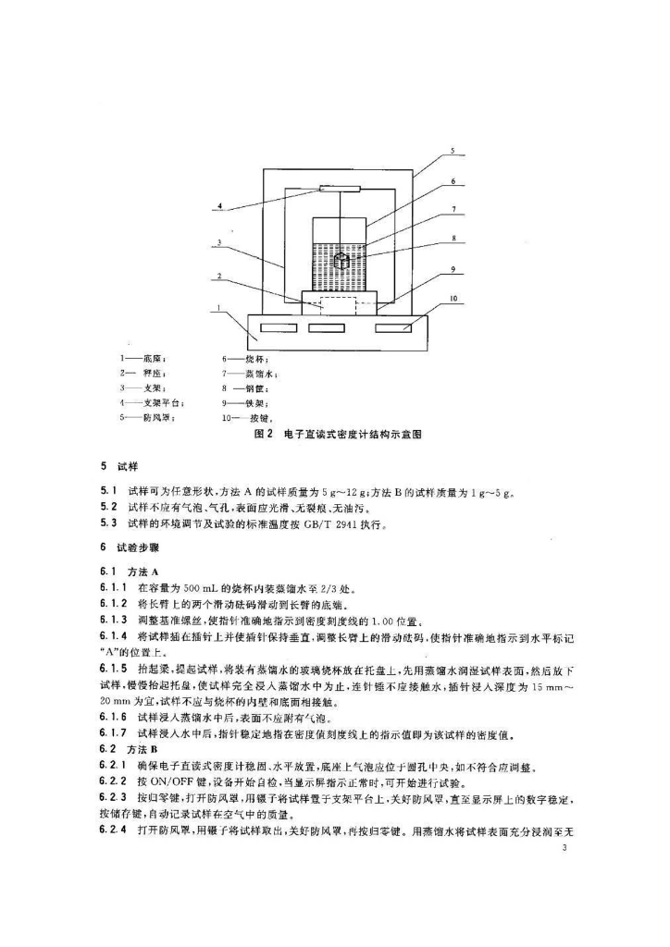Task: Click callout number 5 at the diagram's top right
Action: coord(453,150)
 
